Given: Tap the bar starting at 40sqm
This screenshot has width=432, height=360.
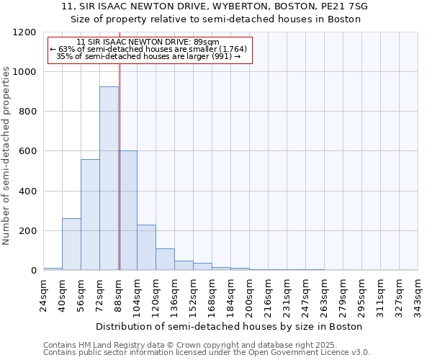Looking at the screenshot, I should coord(71,244).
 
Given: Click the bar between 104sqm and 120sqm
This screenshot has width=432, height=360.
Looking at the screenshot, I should coord(146,248).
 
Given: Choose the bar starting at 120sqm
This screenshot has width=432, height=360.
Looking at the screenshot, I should coord(165,259).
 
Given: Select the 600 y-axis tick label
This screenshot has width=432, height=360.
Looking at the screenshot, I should coord(27,151).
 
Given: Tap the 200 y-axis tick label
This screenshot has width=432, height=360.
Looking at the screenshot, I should coord(27,231).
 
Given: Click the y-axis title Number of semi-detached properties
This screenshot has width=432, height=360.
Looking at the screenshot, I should coord(6,151).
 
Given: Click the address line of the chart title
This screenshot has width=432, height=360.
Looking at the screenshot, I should coord(215,6).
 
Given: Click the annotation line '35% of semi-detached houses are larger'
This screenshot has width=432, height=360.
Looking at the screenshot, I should coord(148,56).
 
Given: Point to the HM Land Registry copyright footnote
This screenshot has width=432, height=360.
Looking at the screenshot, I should coord(185,345).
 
